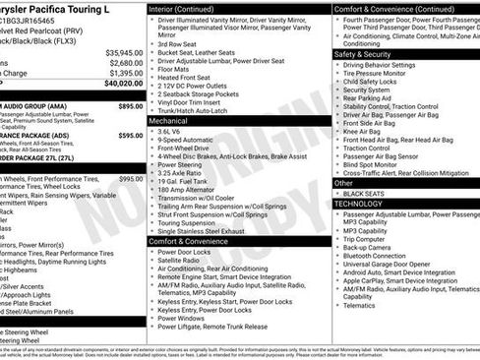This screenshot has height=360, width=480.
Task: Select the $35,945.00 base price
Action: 124,51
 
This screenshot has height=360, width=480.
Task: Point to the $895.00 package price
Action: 130,105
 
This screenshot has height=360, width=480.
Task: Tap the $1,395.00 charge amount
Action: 126,73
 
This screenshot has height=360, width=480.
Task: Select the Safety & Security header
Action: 364,54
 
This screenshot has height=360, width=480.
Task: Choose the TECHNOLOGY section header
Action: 360,204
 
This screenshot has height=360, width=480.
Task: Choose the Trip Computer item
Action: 364,238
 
